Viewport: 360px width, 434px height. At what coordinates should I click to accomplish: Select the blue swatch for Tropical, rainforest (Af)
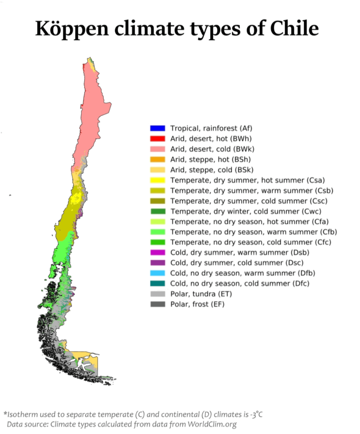tap(157, 128)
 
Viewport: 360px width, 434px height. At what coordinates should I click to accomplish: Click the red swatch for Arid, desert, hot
tap(157, 139)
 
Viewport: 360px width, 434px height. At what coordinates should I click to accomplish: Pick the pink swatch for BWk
tap(157, 149)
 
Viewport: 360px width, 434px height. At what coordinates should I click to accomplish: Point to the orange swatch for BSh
tap(157, 159)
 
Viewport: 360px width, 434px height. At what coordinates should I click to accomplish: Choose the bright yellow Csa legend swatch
tap(157, 180)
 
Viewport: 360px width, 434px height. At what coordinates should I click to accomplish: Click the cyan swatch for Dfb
tap(157, 273)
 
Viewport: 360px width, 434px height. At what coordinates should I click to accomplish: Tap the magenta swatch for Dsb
tap(157, 253)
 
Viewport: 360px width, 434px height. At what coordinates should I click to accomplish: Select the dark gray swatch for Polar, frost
tap(157, 304)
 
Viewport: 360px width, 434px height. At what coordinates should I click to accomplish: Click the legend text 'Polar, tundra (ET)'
tap(201, 294)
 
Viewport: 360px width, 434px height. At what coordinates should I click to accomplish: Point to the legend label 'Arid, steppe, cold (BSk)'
tap(212, 170)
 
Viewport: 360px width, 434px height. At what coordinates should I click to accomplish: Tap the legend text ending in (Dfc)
tap(239, 284)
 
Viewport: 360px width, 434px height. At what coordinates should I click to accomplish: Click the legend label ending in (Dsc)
tap(239, 263)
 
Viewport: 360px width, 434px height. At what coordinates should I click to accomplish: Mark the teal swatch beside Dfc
tap(157, 284)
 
